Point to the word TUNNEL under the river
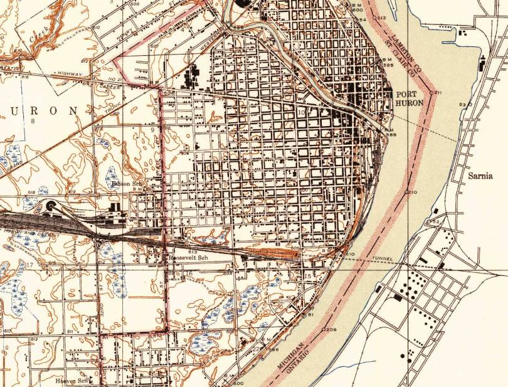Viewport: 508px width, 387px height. [381, 258]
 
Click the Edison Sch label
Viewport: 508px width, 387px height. [124, 184]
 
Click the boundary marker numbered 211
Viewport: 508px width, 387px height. [435, 93]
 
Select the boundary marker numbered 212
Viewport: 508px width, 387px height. [381, 18]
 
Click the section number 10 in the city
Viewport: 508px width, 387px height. [300, 113]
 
